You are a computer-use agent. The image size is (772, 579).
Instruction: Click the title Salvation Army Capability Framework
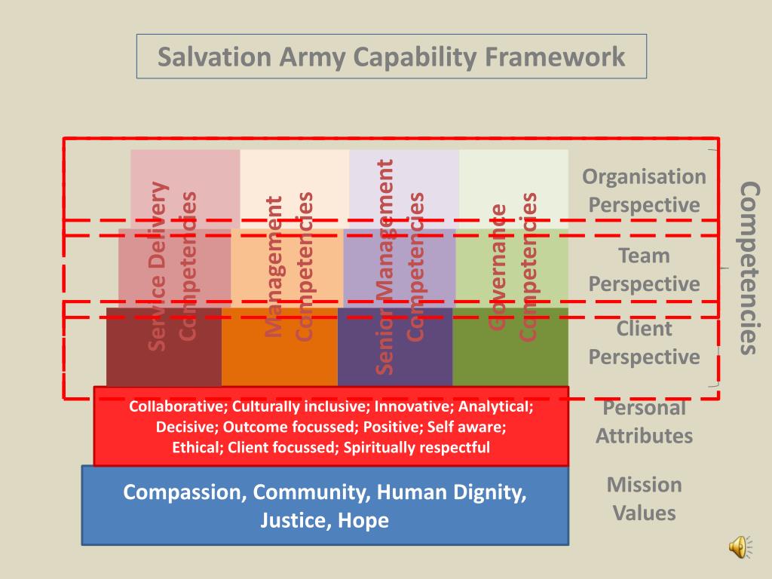click(391, 57)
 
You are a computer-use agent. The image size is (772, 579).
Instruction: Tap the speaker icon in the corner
click(738, 547)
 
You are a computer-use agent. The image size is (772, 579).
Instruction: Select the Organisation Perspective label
click(644, 191)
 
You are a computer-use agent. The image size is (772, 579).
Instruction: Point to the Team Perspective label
click(644, 270)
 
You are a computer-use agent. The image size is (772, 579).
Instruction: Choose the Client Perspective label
click(644, 342)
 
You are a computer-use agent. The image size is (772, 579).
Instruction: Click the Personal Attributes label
click(644, 422)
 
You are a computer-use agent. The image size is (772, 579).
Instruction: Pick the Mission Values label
click(644, 498)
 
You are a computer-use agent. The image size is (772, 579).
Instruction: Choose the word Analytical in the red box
click(496, 407)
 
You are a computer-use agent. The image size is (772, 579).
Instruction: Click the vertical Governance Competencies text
click(512, 268)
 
